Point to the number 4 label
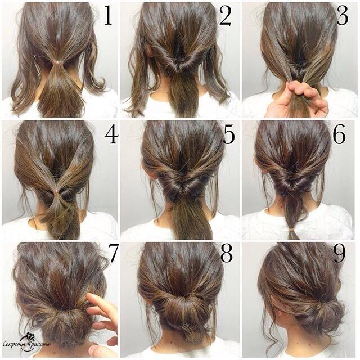(111, 136)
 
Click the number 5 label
(228, 136)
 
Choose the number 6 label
(339, 136)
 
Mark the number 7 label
(114, 254)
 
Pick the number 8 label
(227, 254)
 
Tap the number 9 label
(339, 254)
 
